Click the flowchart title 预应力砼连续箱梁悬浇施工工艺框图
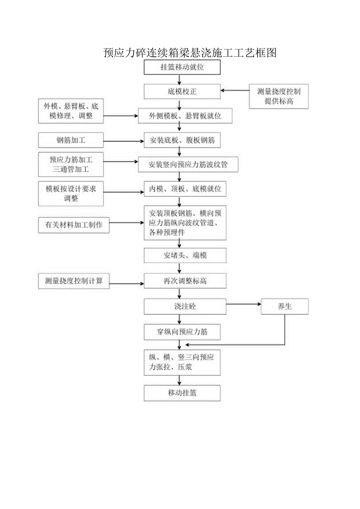(x=190, y=52)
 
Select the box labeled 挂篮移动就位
(x=182, y=67)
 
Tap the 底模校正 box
(x=182, y=92)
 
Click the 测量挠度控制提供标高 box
(x=279, y=96)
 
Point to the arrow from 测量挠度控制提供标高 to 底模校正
(x=235, y=91)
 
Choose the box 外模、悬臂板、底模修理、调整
(x=71, y=111)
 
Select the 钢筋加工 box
(x=71, y=140)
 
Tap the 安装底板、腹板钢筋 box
(x=182, y=140)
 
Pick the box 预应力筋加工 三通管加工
(x=71, y=164)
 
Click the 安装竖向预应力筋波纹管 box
(x=188, y=165)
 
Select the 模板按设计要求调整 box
(x=71, y=193)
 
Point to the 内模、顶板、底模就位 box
(x=185, y=189)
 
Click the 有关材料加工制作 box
(x=74, y=225)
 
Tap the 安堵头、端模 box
(x=185, y=255)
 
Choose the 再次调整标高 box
(x=185, y=281)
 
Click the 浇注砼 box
(x=185, y=306)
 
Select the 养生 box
(x=284, y=306)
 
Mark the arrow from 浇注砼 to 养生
(x=243, y=304)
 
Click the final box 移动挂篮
(x=182, y=393)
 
